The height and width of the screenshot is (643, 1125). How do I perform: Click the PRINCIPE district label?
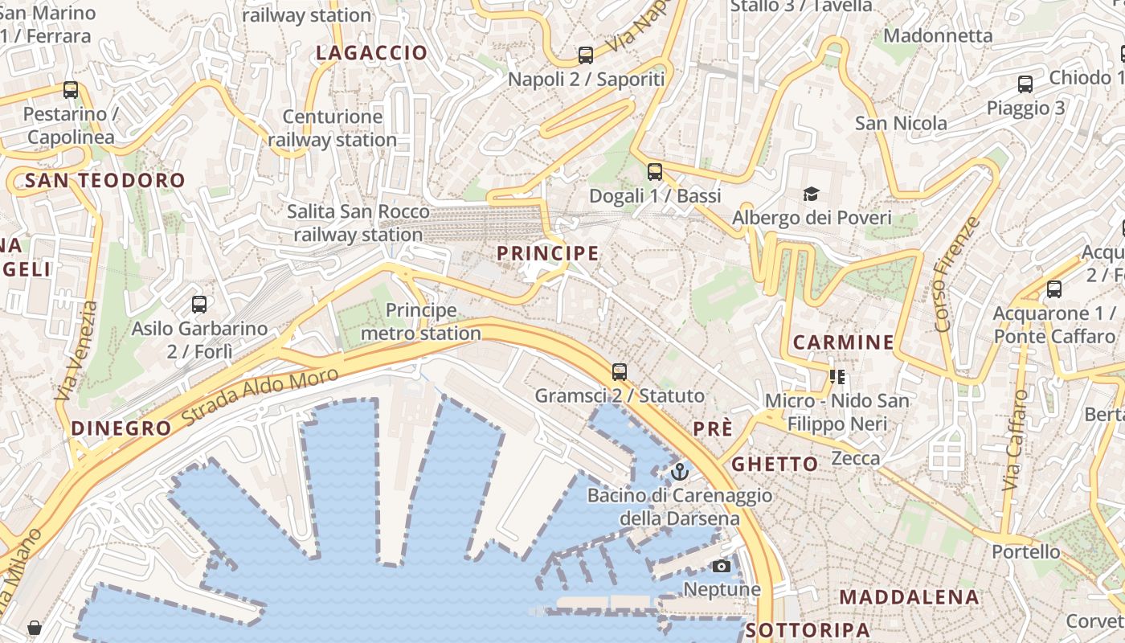(548, 254)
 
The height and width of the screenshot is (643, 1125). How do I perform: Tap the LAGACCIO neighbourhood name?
(371, 53)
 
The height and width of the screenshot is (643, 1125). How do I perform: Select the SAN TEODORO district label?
(104, 180)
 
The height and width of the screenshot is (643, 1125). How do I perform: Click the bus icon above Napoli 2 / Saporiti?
(586, 55)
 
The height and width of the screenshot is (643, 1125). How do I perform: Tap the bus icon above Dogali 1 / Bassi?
(655, 171)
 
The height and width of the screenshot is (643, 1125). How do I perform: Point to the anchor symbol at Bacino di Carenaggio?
(680, 471)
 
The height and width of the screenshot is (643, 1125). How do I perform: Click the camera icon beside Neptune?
(722, 566)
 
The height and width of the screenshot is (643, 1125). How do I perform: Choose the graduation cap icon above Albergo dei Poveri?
(811, 194)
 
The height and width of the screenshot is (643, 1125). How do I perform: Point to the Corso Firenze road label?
(958, 274)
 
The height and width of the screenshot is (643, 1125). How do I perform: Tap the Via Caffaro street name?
(1016, 441)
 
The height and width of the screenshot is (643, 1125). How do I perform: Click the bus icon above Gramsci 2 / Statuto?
(619, 371)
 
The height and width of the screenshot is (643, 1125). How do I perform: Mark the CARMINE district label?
(843, 342)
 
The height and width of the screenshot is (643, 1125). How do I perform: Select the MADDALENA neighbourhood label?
(910, 597)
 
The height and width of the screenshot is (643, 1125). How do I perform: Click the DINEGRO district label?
(121, 428)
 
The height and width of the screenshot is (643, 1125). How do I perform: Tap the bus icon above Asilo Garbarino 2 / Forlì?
(199, 305)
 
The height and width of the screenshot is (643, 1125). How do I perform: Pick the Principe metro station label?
(421, 321)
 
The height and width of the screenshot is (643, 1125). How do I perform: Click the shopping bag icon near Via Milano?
(34, 628)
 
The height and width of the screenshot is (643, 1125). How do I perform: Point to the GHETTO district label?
(775, 464)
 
